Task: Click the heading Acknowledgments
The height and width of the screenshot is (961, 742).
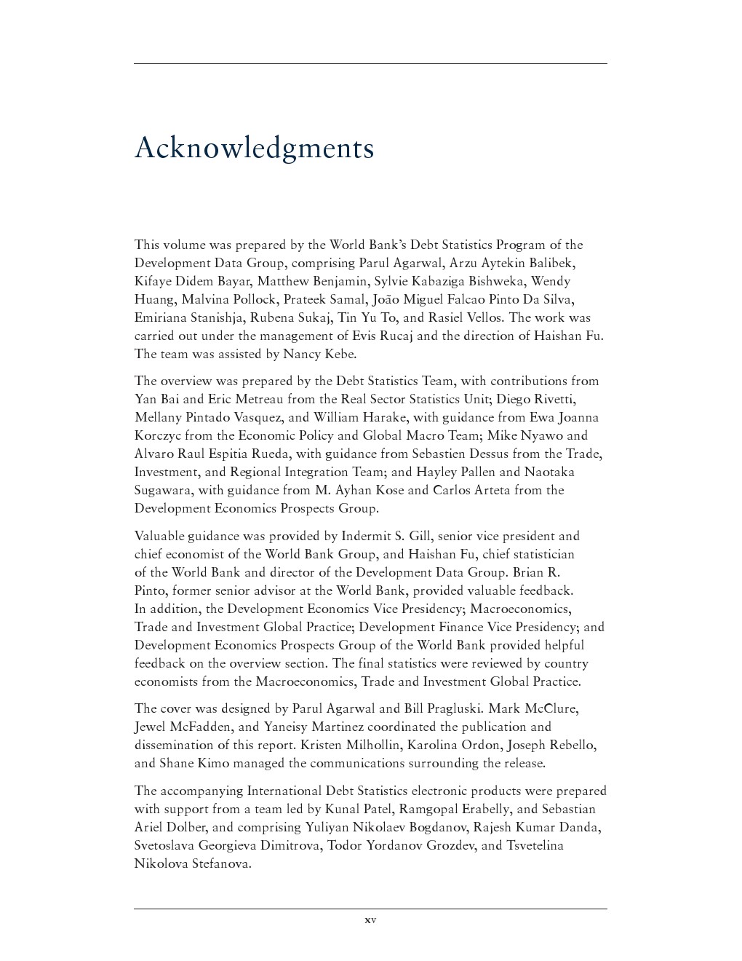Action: point(254,148)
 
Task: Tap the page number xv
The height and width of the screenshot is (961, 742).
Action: point(370,920)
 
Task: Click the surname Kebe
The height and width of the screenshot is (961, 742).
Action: point(338,354)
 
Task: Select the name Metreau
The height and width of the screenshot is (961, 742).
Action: point(259,399)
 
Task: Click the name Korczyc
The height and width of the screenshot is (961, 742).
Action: point(157,435)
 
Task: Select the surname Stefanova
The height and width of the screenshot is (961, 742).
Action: point(221,863)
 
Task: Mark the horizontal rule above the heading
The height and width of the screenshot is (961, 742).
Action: point(370,64)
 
